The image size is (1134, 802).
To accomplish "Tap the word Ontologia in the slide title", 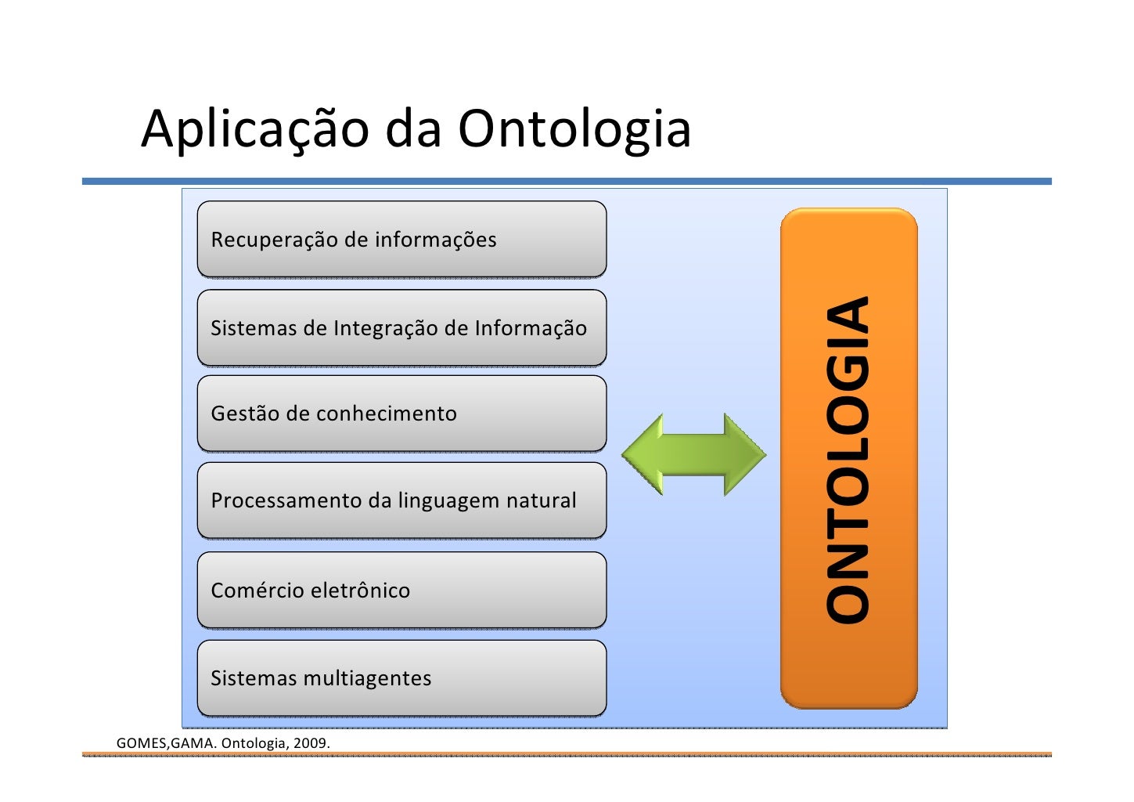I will point(574,129).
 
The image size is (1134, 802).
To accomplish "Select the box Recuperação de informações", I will point(401,240).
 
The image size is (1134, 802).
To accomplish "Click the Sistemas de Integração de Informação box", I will point(401,328).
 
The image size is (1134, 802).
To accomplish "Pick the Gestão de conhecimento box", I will point(401,414).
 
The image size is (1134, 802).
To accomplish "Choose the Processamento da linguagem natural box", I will point(401,500).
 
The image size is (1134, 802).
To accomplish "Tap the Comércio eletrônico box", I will point(401,591).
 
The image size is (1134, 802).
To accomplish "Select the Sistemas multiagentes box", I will point(401,678).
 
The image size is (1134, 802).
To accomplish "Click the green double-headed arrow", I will point(693,454).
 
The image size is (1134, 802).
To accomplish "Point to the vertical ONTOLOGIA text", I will point(848,460).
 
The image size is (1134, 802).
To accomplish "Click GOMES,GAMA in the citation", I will point(165,742).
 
